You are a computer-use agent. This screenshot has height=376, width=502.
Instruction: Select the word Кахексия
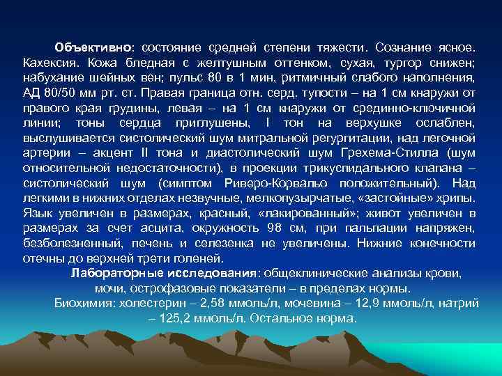(47, 63)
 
